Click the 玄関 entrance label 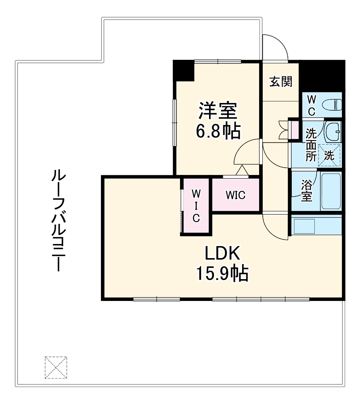pyautogui.click(x=280, y=82)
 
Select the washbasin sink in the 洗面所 pyautogui.click(x=334, y=131)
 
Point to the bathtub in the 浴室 pyautogui.click(x=331, y=191)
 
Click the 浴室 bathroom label pyautogui.click(x=306, y=191)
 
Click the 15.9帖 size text pyautogui.click(x=222, y=274)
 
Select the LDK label pyautogui.click(x=222, y=253)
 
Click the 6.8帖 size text pyautogui.click(x=218, y=131)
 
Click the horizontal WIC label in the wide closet pyautogui.click(x=236, y=195)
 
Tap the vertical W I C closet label pyautogui.click(x=196, y=206)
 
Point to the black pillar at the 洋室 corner pyautogui.click(x=184, y=70)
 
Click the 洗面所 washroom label pyautogui.click(x=310, y=145)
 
